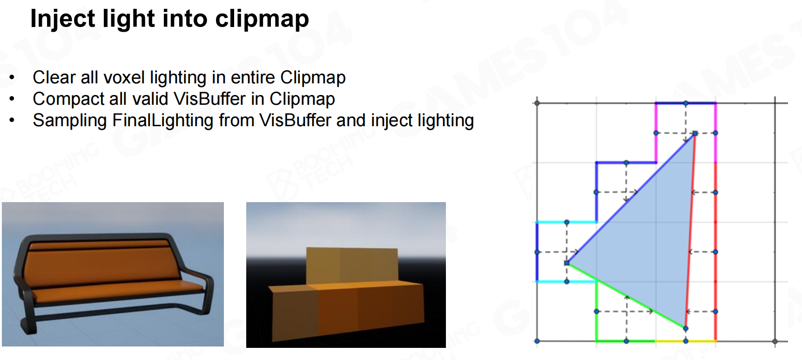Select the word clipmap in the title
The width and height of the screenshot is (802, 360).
click(x=262, y=19)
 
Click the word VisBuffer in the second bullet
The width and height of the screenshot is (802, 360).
click(x=209, y=99)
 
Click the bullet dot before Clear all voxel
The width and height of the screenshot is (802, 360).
click(x=12, y=77)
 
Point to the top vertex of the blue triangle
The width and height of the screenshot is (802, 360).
click(x=695, y=133)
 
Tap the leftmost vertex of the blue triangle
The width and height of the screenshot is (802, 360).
click(x=567, y=263)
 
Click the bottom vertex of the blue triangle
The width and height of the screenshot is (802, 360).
click(x=686, y=328)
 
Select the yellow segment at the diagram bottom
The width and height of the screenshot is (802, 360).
click(x=686, y=341)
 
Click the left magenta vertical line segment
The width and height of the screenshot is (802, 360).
click(x=656, y=133)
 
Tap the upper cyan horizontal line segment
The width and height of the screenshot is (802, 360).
click(x=566, y=222)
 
